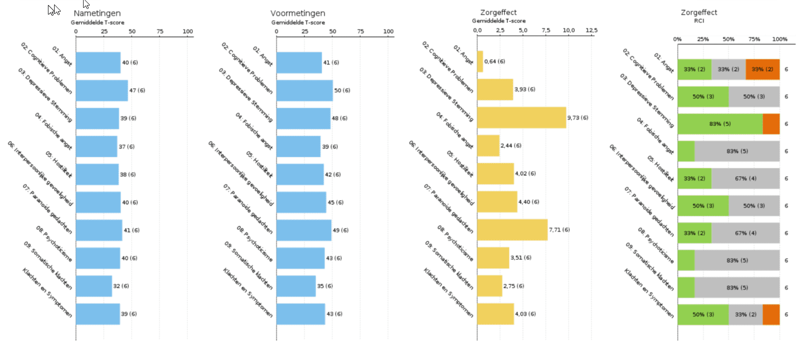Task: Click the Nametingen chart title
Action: [x=97, y=13]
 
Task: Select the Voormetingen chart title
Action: [x=298, y=13]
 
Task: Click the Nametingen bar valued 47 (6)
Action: [x=101, y=90]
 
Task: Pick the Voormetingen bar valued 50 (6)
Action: [x=304, y=90]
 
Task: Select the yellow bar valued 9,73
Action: [x=521, y=118]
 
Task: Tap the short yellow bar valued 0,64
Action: [x=480, y=61]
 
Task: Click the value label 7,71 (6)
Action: [x=562, y=230]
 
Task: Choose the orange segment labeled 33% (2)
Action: [x=762, y=69]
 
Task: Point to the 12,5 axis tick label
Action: [x=591, y=30]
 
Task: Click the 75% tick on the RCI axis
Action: [x=754, y=39]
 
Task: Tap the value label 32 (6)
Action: [x=121, y=286]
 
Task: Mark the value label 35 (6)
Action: [x=324, y=286]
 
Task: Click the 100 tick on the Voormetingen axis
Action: [x=388, y=31]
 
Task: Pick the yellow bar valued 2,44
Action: [x=488, y=146]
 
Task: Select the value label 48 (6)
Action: [x=340, y=118]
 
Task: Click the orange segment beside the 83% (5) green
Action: [x=771, y=124]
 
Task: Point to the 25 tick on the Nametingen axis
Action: [x=104, y=31]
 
